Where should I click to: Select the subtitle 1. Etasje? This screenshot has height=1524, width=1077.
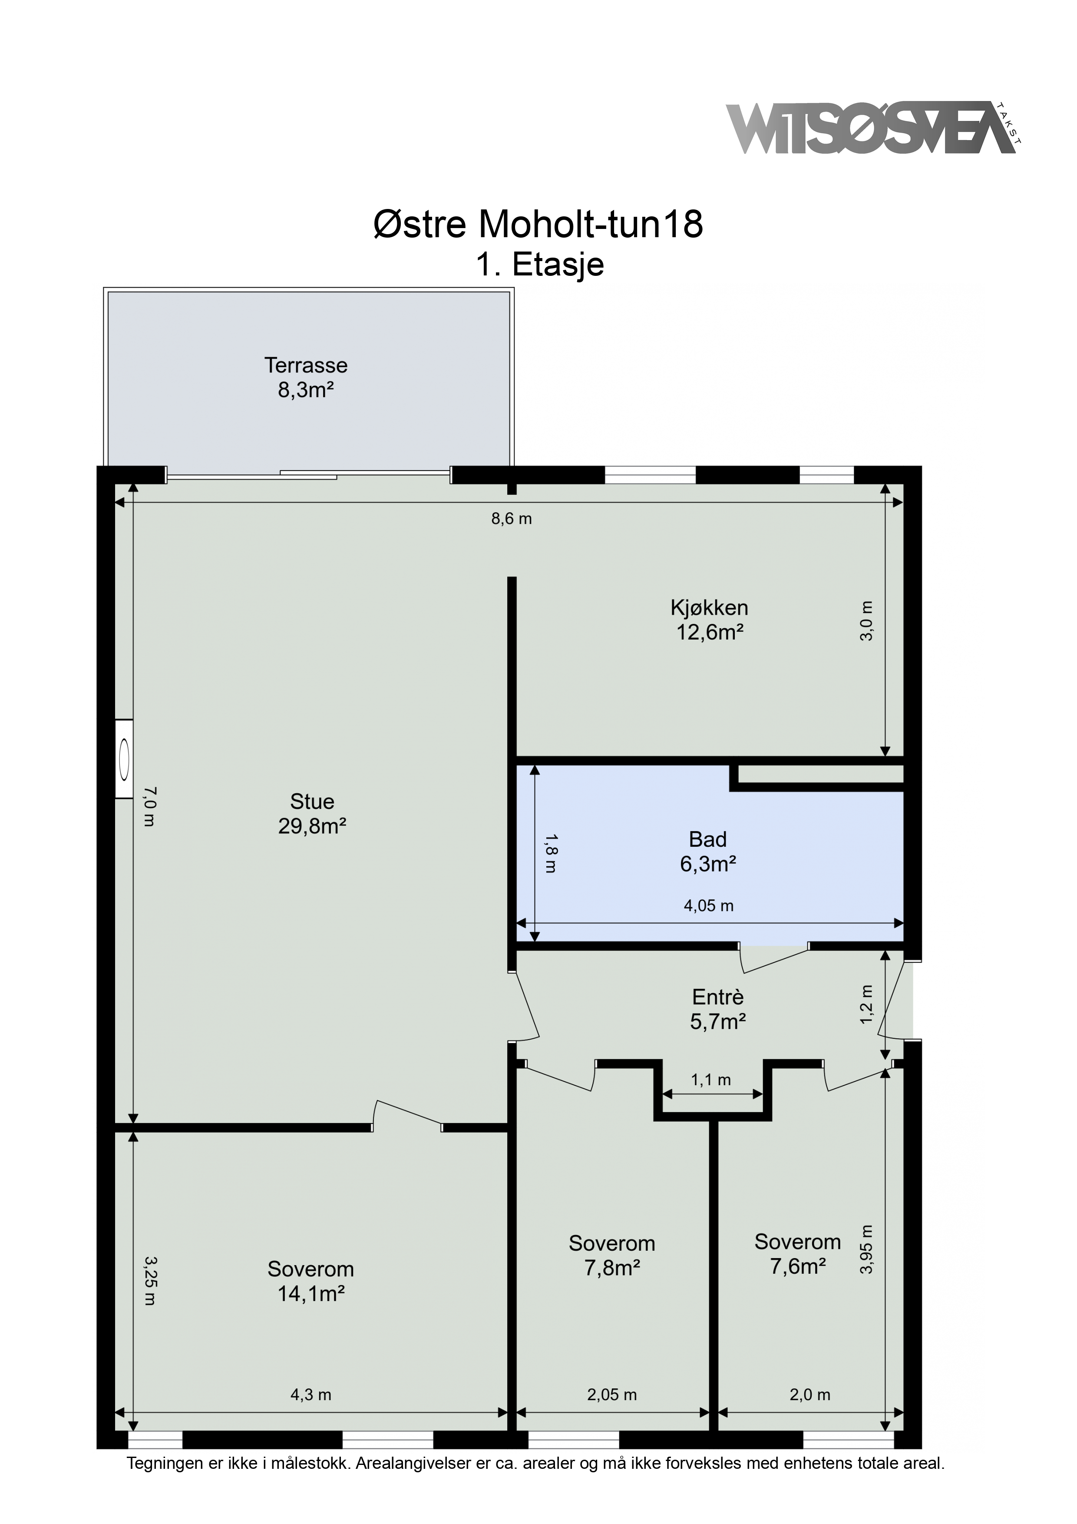[x=539, y=265]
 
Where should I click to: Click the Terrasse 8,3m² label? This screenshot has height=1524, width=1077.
[x=306, y=377]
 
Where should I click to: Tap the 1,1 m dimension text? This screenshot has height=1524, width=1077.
[x=711, y=1080]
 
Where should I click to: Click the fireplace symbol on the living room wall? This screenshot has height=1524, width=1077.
[x=124, y=758]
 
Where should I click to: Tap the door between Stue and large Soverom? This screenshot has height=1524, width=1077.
[x=407, y=1116]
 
